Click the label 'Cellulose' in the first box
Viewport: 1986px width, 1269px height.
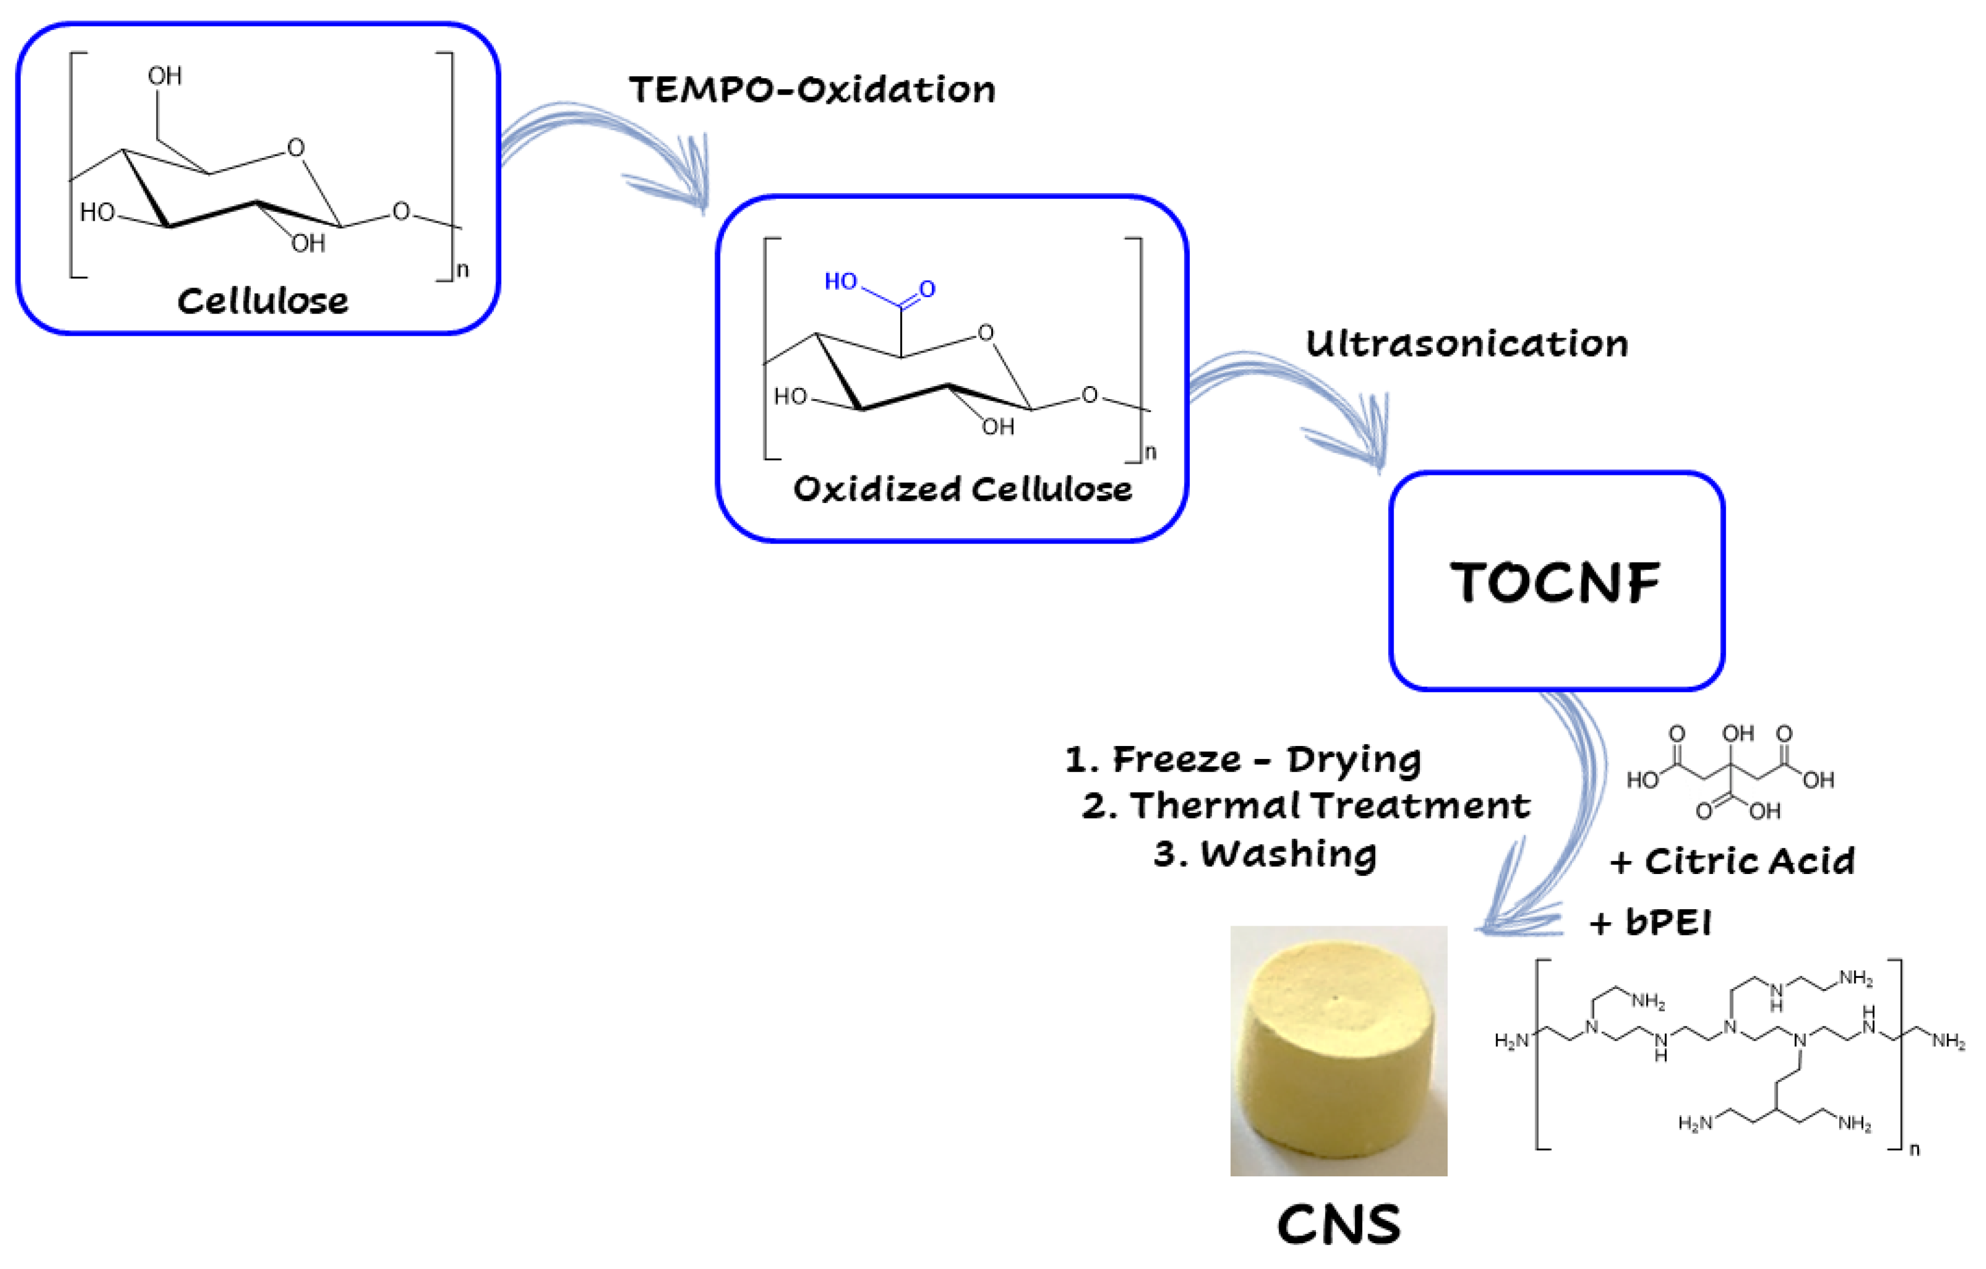click(x=262, y=301)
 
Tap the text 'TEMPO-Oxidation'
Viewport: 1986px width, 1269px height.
click(x=812, y=90)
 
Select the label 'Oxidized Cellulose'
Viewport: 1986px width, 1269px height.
click(x=962, y=489)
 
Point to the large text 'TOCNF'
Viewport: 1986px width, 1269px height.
click(x=1556, y=582)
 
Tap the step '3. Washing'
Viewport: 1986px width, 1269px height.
click(x=1265, y=853)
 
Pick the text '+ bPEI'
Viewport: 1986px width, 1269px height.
click(x=1650, y=922)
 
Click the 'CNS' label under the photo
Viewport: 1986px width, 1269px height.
click(x=1338, y=1226)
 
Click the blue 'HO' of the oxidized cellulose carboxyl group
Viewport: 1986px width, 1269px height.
click(x=840, y=282)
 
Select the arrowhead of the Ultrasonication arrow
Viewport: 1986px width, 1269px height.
click(x=1373, y=446)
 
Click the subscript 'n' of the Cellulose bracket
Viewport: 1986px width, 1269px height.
click(x=463, y=269)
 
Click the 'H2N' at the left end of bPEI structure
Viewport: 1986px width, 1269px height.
click(x=1512, y=1041)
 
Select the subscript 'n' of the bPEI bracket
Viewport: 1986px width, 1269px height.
click(x=1914, y=1149)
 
